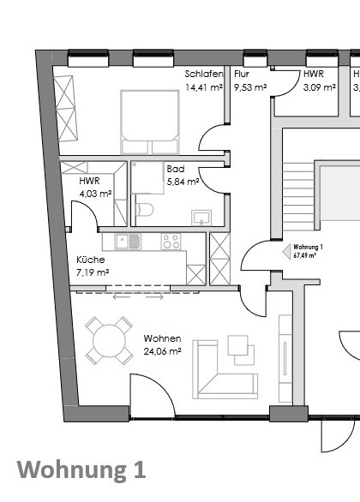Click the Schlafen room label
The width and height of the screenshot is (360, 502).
pos(204,75)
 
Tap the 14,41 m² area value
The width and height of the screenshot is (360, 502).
pos(204,87)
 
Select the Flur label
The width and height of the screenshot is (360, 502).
pos(241,75)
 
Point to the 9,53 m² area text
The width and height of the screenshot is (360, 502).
pos(249,87)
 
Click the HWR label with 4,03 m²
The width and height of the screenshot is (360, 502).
pos(88,182)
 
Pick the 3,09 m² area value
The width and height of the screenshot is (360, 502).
pos(319,87)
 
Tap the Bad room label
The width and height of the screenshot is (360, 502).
pos(176,170)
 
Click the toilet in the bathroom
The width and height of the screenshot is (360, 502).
pos(145,209)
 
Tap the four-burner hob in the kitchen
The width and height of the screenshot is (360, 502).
pos(171,242)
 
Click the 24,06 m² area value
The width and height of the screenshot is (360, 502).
pos(162,350)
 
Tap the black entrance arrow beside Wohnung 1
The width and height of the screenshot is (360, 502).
pos(286,251)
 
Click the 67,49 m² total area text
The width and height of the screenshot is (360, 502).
pos(305,255)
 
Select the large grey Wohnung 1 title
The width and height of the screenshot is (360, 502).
pos(81,470)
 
